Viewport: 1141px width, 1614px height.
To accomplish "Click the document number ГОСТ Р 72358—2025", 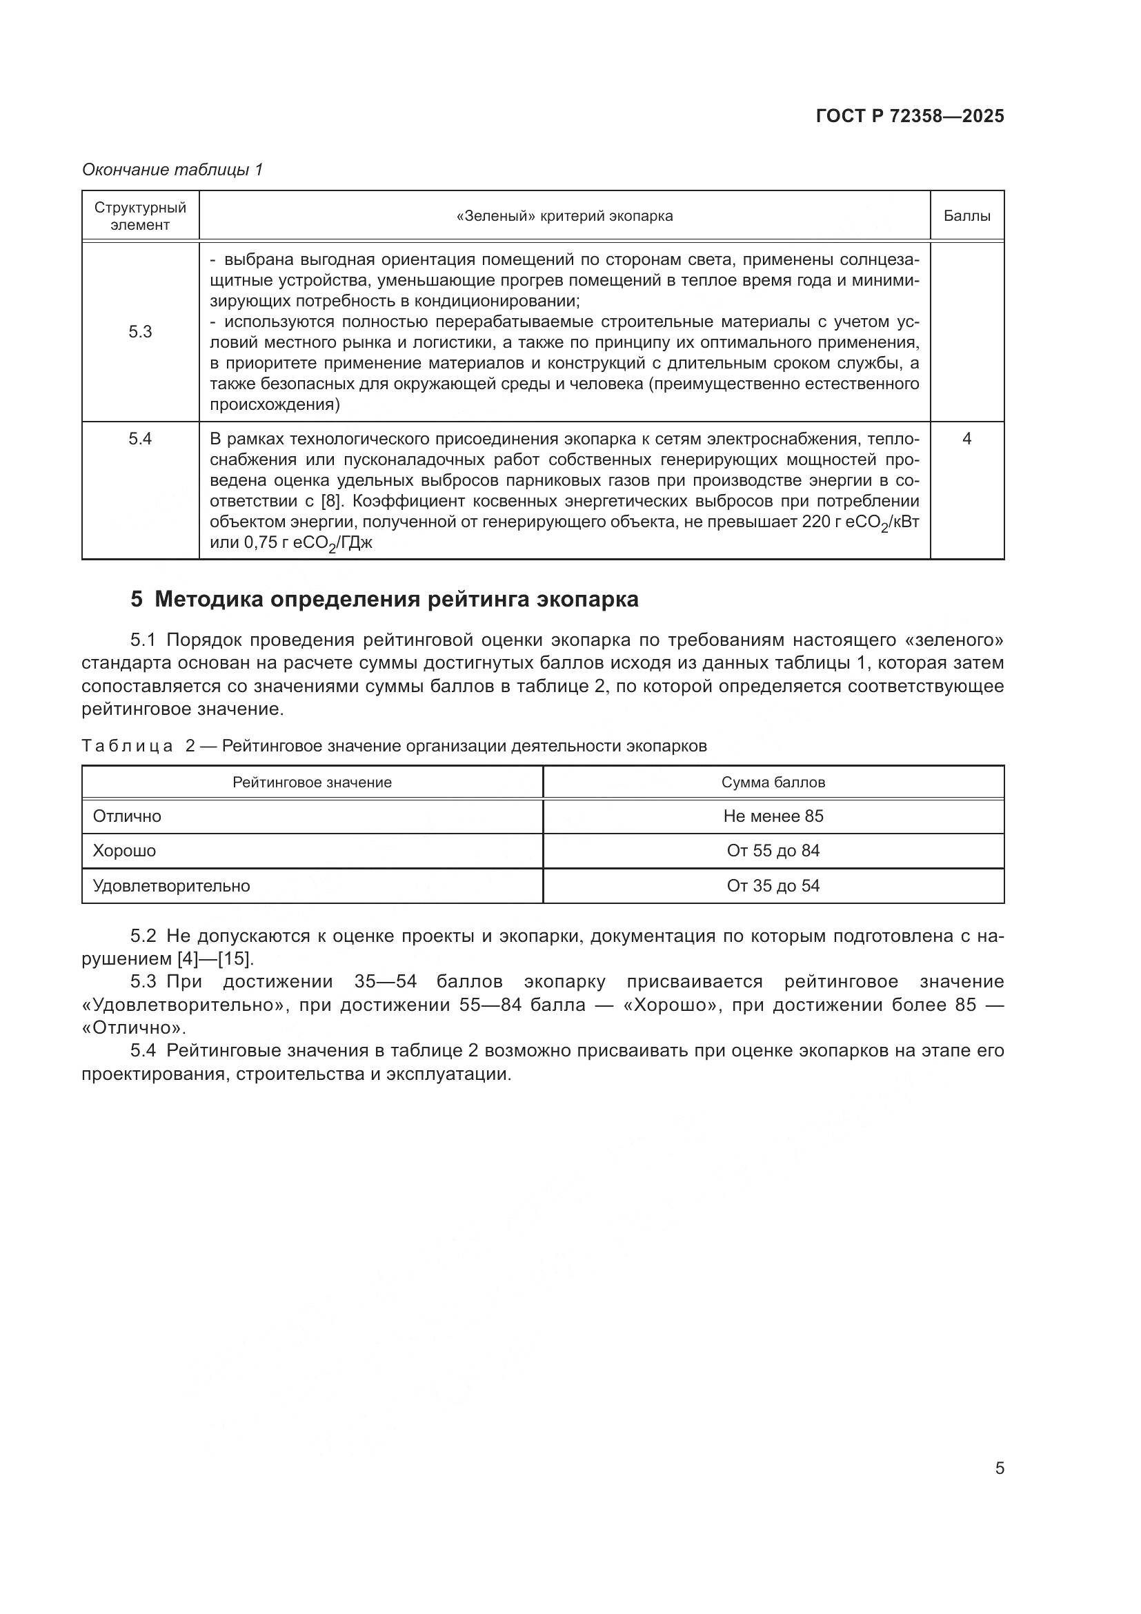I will point(909,116).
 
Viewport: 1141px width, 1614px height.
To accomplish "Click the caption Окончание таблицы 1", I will point(172,170).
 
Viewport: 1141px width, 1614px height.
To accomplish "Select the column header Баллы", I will point(966,216).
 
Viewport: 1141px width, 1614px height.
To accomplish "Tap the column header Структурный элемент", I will point(140,216).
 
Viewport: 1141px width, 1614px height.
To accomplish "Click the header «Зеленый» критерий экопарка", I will point(564,216).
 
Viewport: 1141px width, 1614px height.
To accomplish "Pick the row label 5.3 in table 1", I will point(140,332).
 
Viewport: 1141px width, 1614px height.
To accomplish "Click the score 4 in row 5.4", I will point(966,439).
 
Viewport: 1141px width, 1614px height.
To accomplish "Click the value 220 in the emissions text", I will point(816,522).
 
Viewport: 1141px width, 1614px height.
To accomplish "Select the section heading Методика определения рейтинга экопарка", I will point(396,600).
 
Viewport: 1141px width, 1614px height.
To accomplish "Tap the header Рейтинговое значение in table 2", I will point(312,783).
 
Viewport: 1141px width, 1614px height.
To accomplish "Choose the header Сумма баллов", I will point(773,783).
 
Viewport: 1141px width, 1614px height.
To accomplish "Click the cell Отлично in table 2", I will point(127,816).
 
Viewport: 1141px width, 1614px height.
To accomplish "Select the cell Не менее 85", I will point(773,816).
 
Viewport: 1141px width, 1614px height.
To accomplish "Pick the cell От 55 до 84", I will point(773,851).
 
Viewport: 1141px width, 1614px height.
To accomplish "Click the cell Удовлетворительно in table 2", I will point(172,886).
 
